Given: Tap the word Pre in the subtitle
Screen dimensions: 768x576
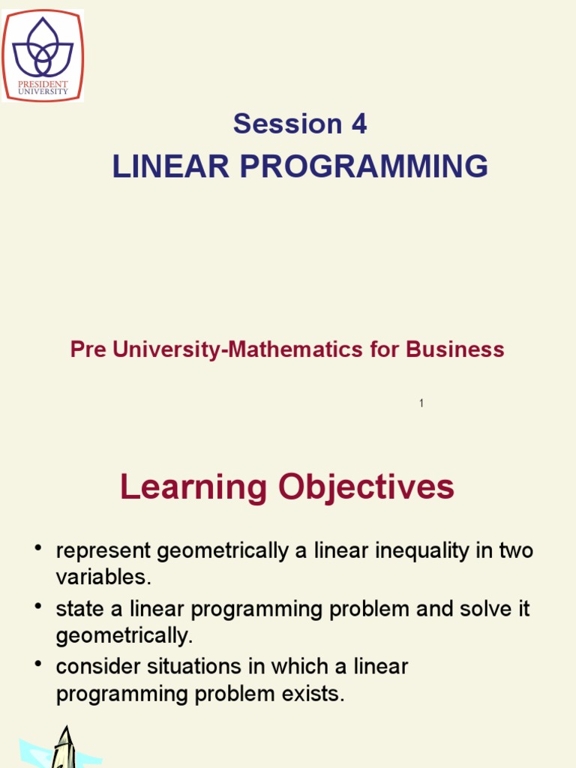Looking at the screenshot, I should (x=85, y=349).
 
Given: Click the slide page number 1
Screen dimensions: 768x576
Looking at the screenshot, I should (x=421, y=403).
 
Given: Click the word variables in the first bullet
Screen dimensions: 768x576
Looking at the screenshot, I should (x=103, y=579).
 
